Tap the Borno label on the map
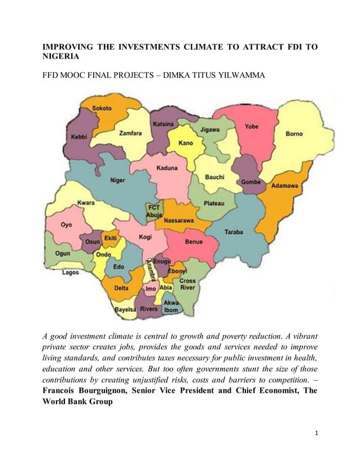pos(294,134)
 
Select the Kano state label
pos(186,143)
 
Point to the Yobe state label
pos(252,126)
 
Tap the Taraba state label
pos(234,232)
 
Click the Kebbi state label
pos(79,137)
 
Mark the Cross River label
pos(187,284)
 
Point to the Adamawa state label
pos(285,185)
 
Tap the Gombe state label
pos(251,182)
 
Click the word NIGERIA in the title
pos(62,57)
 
